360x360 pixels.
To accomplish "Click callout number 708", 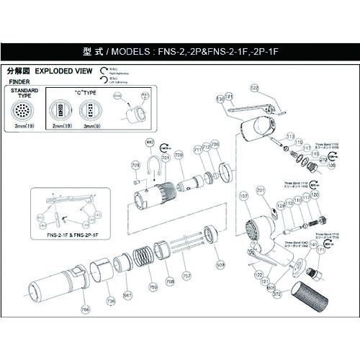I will [x=215, y=146].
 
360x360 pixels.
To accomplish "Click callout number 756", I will [x=86, y=310].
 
